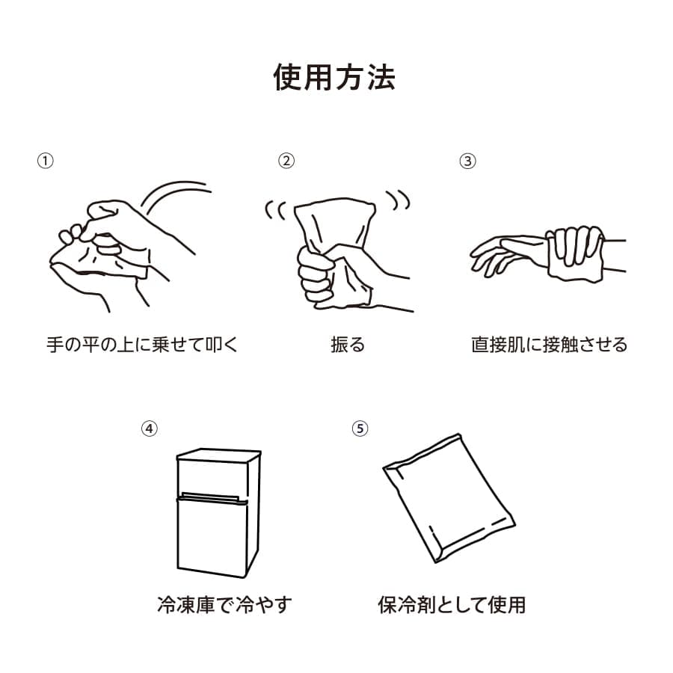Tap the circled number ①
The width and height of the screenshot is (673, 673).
(x=46, y=161)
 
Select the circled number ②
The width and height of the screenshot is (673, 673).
(x=286, y=161)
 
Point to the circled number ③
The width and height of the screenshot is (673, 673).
(x=467, y=161)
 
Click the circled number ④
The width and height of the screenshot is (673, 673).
(x=150, y=428)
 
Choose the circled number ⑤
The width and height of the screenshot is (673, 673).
(x=360, y=428)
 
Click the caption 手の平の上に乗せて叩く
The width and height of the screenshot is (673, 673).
(x=141, y=345)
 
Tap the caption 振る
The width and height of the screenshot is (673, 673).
(x=348, y=345)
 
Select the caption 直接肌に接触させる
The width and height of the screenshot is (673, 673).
(x=549, y=345)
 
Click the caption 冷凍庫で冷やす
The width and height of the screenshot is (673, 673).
(x=224, y=604)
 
